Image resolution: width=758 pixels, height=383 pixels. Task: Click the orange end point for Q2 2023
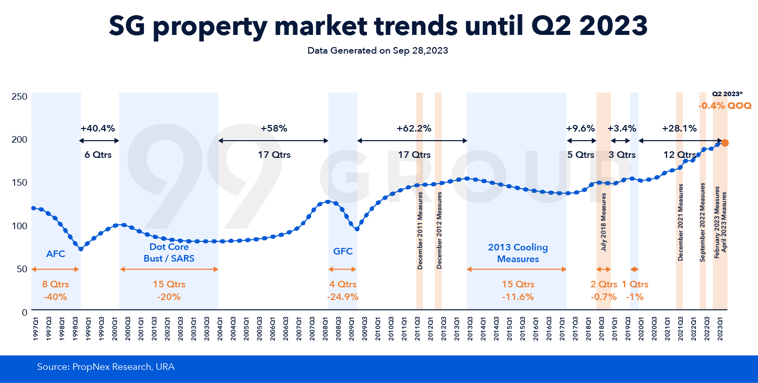725,143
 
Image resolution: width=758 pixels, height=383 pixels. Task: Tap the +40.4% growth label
98,128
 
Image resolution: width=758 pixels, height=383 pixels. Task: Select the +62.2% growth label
414,128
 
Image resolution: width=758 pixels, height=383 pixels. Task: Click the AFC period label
56,254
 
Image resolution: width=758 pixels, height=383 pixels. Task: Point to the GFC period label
343,251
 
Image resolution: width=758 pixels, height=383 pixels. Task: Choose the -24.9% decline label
343,297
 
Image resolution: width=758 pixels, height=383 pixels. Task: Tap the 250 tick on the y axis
19,96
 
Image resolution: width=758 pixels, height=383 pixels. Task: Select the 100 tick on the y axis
19,226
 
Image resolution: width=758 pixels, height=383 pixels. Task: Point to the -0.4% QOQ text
725,106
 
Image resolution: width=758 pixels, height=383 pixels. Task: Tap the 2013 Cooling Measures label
518,253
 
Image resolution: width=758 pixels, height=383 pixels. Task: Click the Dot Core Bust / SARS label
169,253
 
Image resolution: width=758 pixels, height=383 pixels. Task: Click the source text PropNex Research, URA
106,367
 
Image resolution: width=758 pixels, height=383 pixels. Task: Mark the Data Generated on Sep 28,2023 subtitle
378,51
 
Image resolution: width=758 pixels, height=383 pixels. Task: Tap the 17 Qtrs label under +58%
274,155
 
